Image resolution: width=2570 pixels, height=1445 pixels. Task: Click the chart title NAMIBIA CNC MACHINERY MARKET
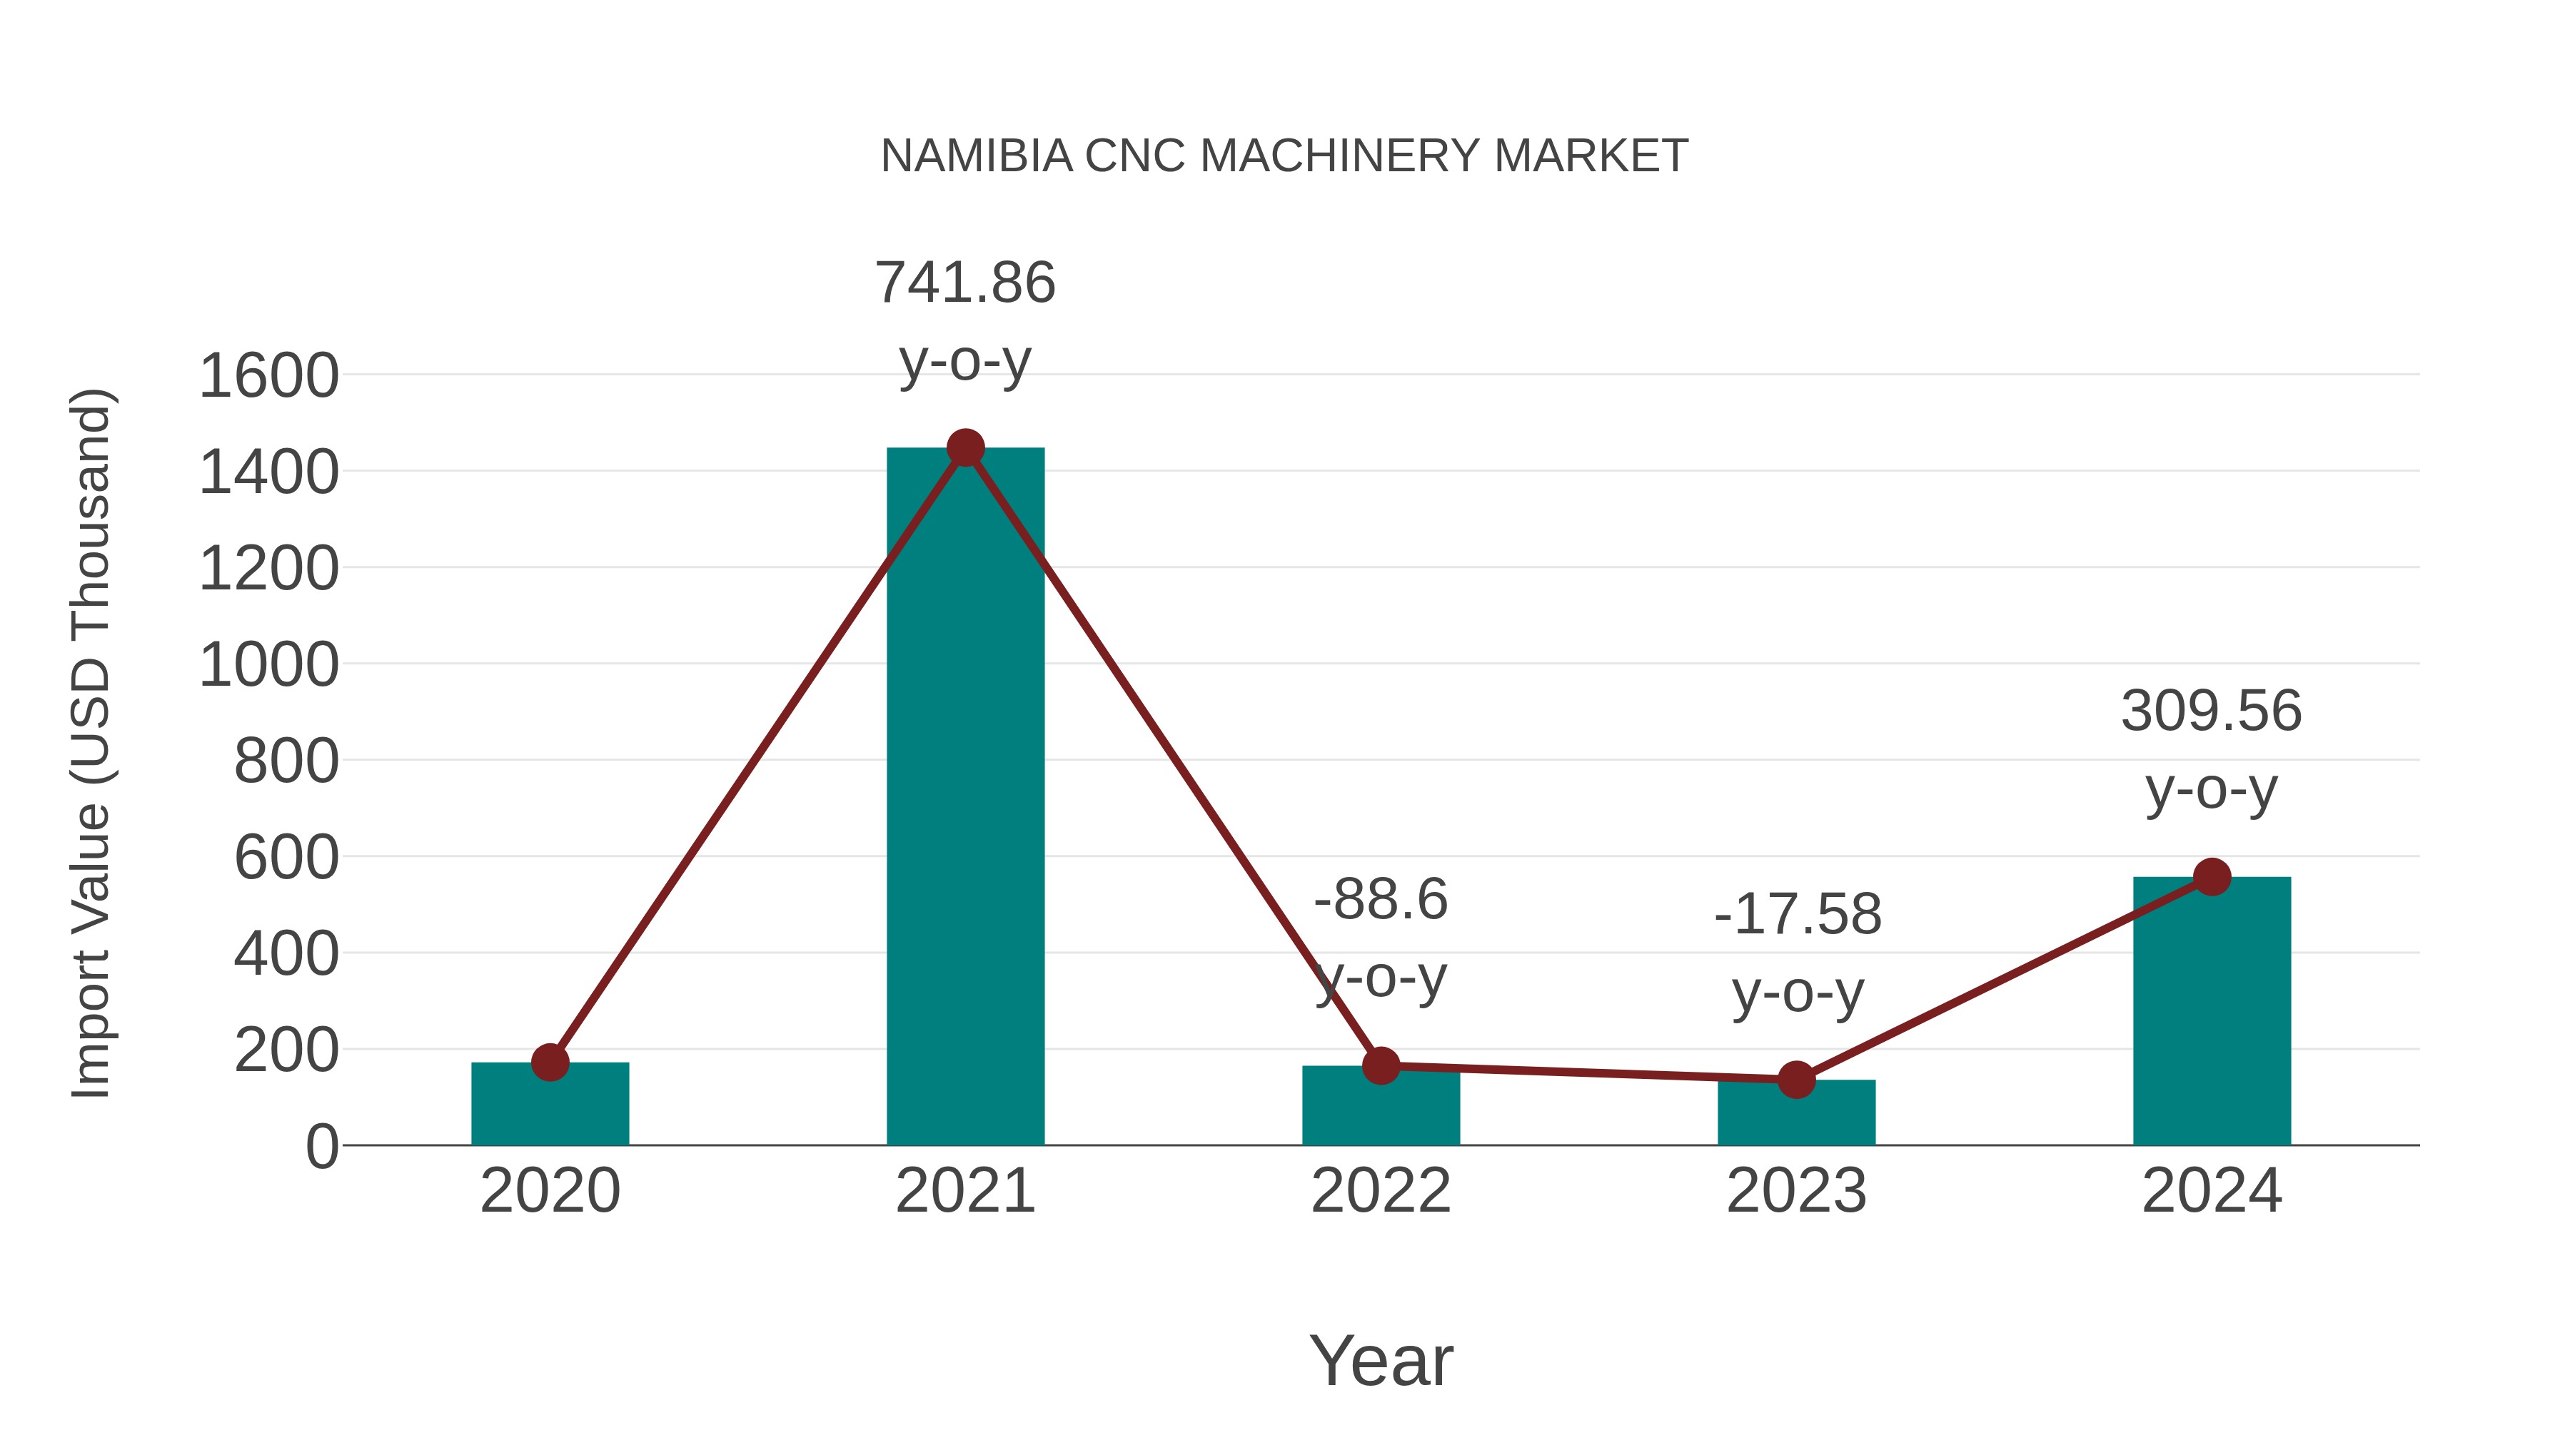1284,156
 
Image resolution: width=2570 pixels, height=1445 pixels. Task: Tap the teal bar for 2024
2211,1012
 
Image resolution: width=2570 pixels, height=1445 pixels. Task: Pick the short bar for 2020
550,1107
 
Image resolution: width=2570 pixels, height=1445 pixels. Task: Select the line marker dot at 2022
1381,1065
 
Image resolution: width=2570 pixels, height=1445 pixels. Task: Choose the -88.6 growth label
1381,900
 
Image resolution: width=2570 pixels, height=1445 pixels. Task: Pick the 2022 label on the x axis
1381,1191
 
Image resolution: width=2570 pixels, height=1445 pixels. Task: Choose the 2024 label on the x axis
2211,1191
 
